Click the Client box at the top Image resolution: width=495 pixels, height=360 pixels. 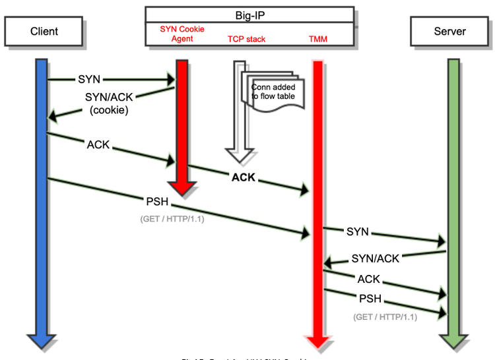(x=44, y=32)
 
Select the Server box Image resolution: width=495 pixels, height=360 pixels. (x=449, y=32)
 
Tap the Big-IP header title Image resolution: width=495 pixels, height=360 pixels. (x=249, y=15)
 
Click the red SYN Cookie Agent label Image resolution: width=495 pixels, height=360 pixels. (x=182, y=34)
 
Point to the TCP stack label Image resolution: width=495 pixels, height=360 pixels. (x=246, y=40)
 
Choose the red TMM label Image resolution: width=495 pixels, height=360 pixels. (x=318, y=40)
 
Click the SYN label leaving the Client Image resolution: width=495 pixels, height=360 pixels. (x=89, y=79)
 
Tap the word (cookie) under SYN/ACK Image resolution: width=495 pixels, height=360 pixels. (x=109, y=110)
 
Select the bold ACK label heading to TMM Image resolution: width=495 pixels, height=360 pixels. (x=243, y=177)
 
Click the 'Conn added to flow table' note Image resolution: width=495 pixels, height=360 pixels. (x=273, y=92)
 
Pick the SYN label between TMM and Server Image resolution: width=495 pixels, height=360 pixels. (x=357, y=231)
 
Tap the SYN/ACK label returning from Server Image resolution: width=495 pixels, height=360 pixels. (x=375, y=258)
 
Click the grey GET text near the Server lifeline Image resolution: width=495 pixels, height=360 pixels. (x=385, y=316)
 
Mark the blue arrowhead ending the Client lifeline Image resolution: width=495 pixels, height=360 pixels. (x=41, y=340)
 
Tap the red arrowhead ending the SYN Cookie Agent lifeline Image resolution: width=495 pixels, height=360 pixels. (x=183, y=187)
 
